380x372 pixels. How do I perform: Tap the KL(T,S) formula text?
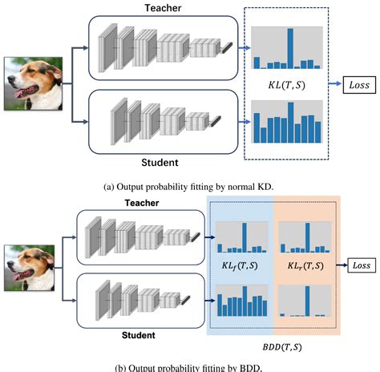(286, 83)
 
